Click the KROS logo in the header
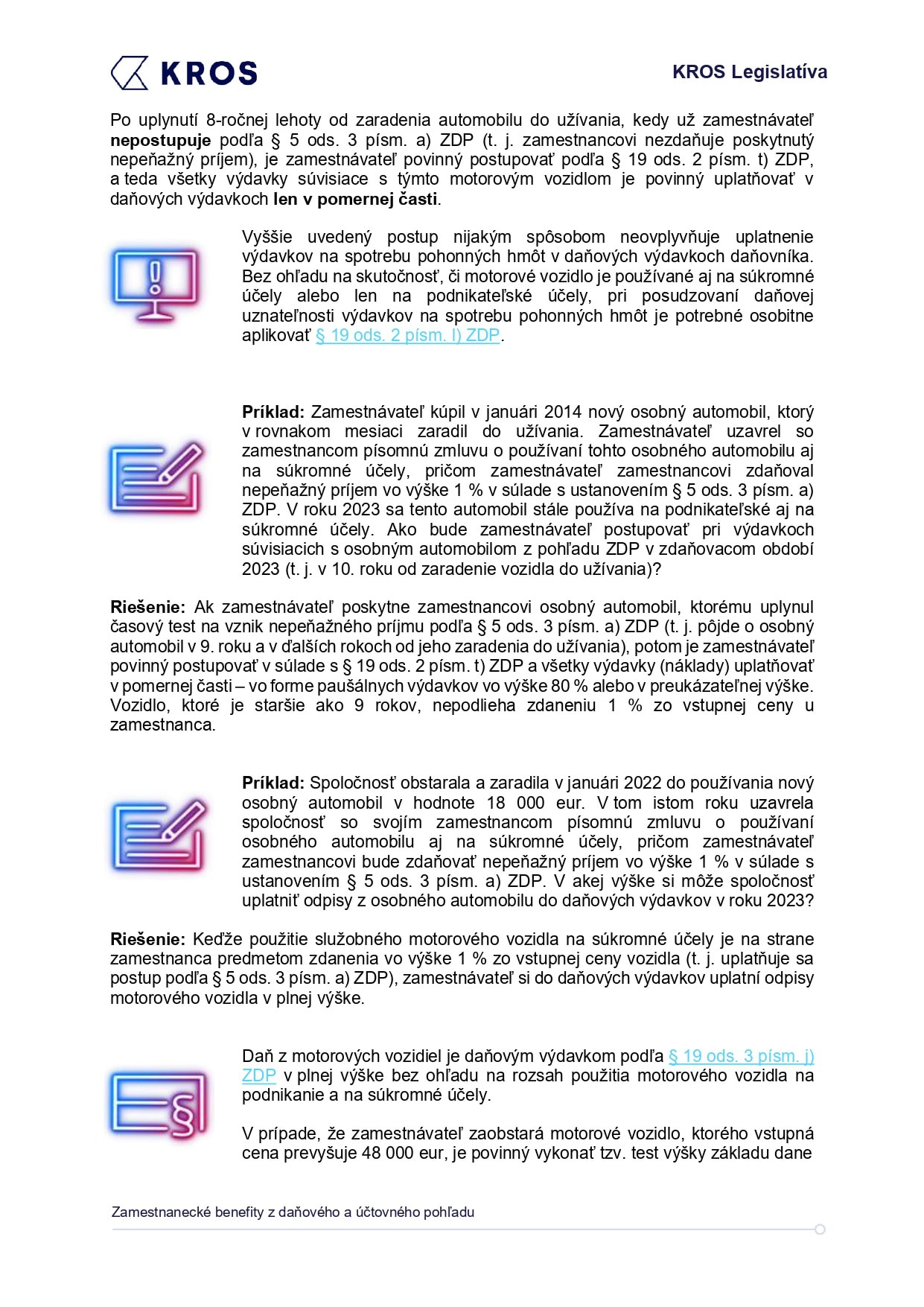(184, 73)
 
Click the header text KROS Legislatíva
(749, 72)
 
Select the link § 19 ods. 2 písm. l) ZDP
(407, 336)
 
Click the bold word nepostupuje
(160, 140)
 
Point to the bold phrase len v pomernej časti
(356, 199)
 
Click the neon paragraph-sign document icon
(158, 1105)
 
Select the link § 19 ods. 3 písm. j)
(741, 1056)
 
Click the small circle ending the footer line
(820, 1230)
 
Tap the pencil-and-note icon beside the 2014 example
(156, 477)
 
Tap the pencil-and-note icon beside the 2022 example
(158, 835)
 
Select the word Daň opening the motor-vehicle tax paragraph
(257, 1056)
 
